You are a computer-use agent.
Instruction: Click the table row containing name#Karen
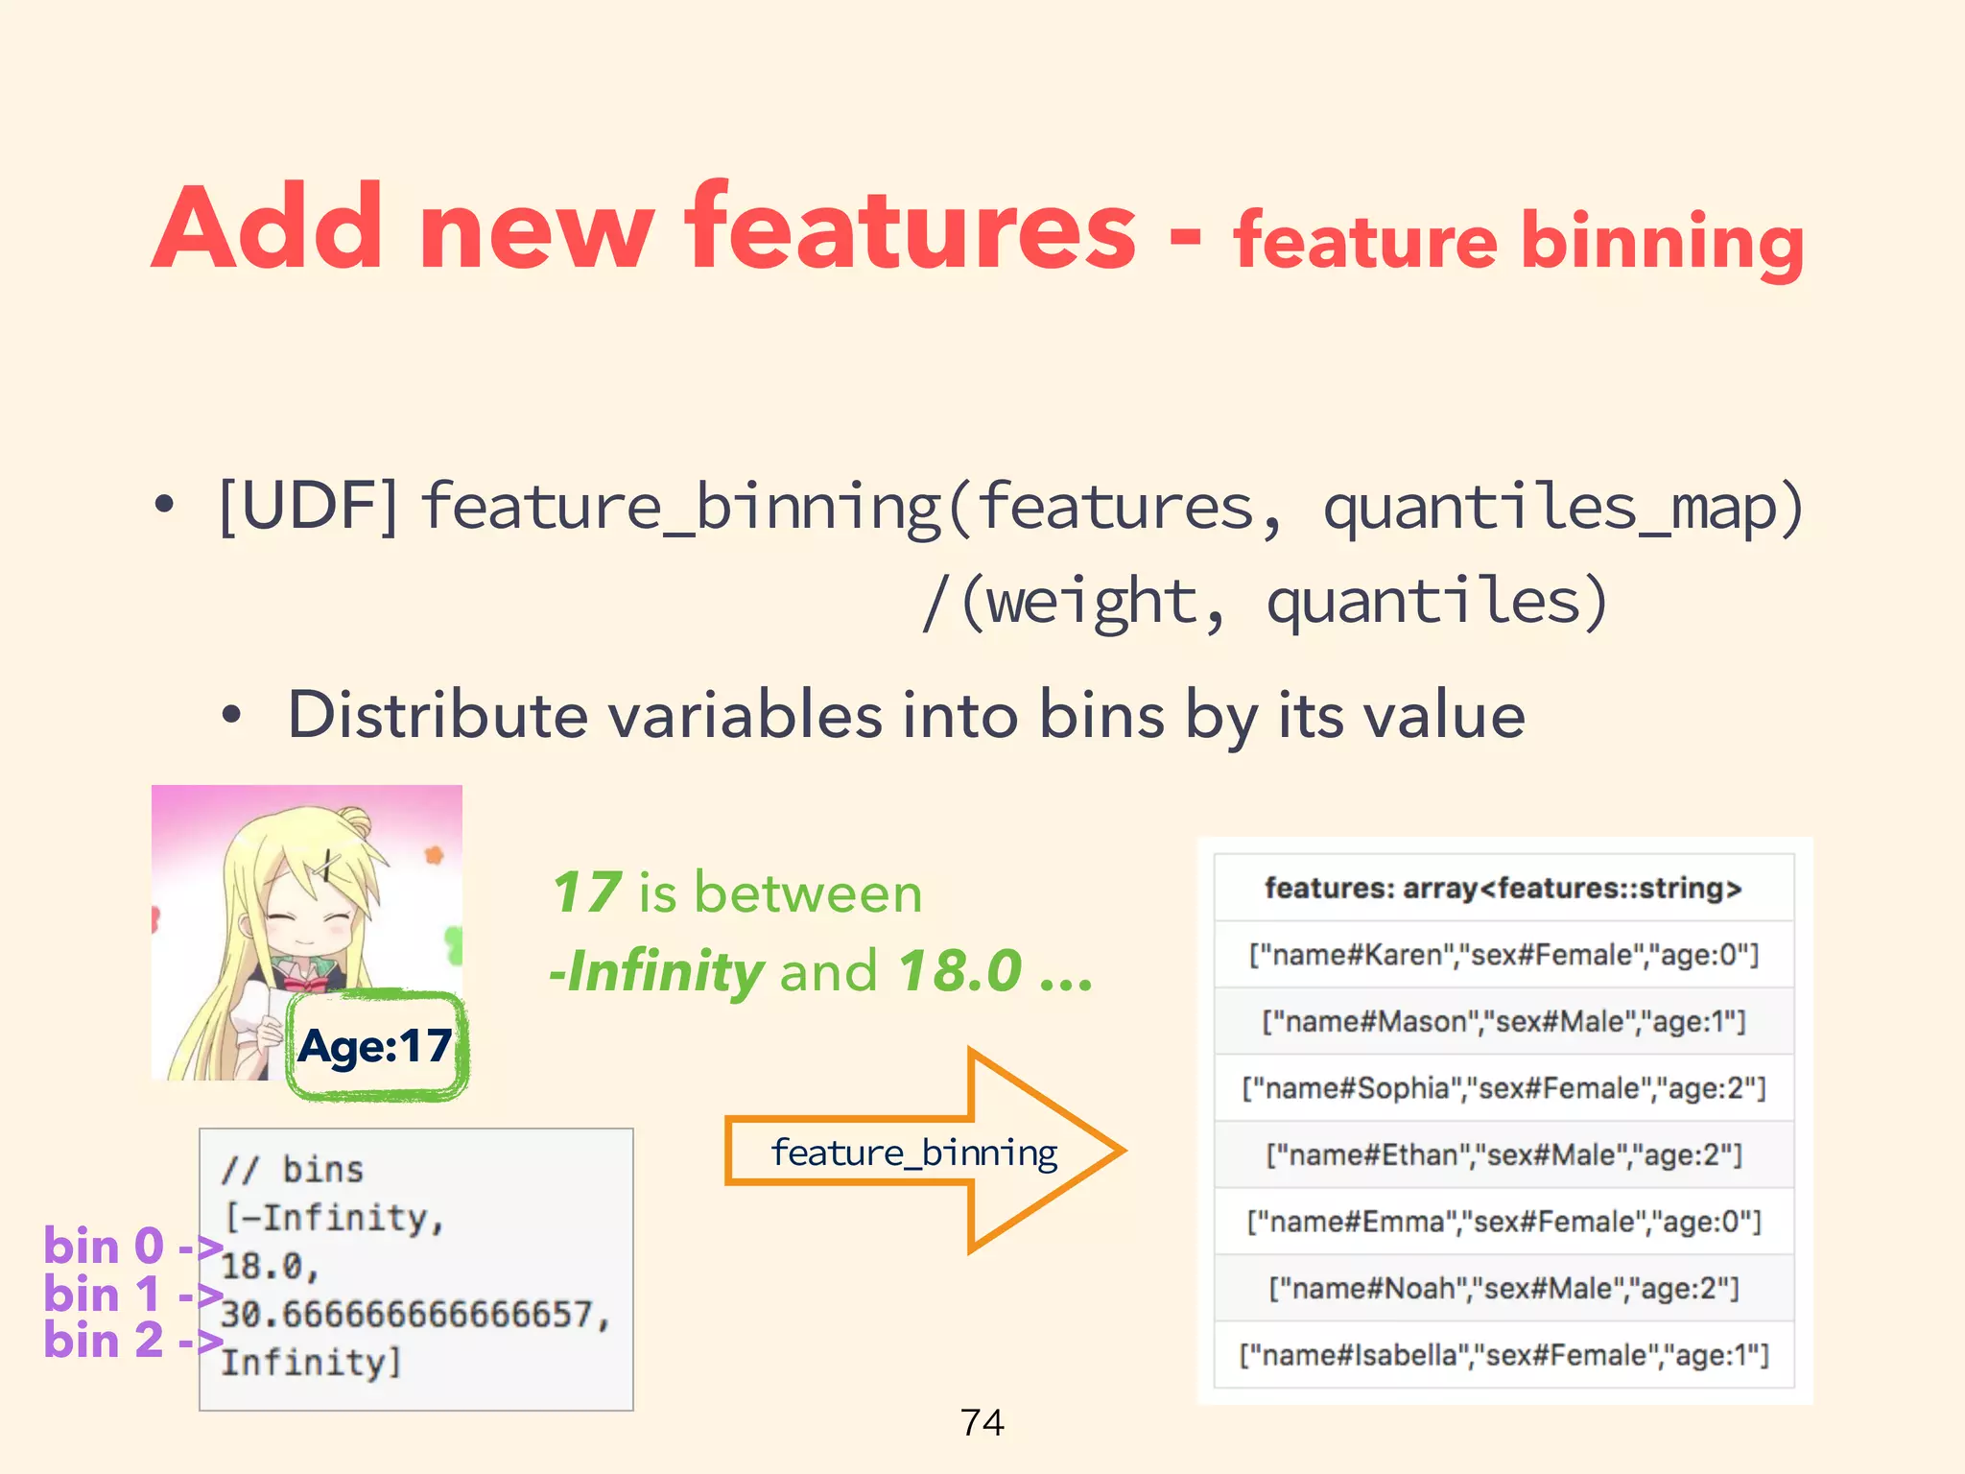[x=1503, y=955]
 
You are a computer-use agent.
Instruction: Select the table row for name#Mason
[x=1503, y=1021]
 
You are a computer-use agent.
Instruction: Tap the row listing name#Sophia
[x=1503, y=1088]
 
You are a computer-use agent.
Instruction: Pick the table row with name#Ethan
[x=1503, y=1154]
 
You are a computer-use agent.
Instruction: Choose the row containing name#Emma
[x=1503, y=1222]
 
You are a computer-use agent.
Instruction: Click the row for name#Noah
[x=1503, y=1288]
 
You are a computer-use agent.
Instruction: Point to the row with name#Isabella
[x=1503, y=1355]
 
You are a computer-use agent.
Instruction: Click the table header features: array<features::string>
[x=1503, y=889]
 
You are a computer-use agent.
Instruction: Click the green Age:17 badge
[x=376, y=1046]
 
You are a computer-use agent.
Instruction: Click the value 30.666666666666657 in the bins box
[x=414, y=1315]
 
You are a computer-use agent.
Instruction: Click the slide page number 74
[x=982, y=1422]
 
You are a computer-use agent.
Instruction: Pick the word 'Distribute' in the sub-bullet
[x=438, y=716]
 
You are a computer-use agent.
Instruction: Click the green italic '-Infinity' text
[x=657, y=971]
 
